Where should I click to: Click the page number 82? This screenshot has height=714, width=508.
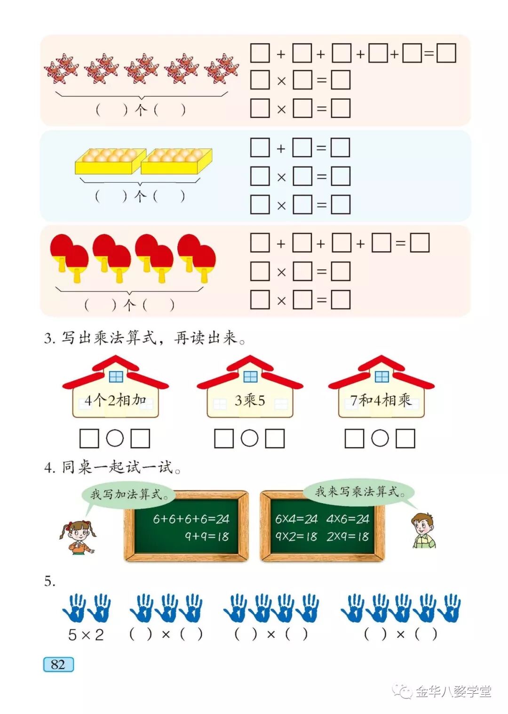point(58,664)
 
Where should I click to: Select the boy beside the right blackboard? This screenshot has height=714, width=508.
point(423,531)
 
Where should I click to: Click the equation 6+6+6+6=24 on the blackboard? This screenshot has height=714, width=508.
point(191,519)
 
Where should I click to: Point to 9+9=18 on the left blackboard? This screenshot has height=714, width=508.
point(206,537)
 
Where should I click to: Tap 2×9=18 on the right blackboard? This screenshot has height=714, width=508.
point(348,537)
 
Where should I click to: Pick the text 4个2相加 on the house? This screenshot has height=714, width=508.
point(115,401)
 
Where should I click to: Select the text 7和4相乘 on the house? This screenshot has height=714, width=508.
point(381,401)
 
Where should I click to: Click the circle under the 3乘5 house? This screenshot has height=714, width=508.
point(250,438)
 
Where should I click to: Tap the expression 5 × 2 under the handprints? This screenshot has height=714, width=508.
point(86,635)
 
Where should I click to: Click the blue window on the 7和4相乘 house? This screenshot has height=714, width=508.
point(382,377)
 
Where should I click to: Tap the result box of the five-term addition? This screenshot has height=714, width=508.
point(446,53)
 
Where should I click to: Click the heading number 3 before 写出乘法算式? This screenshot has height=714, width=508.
point(49,338)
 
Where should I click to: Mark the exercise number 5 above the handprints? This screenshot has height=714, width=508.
point(49,582)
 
